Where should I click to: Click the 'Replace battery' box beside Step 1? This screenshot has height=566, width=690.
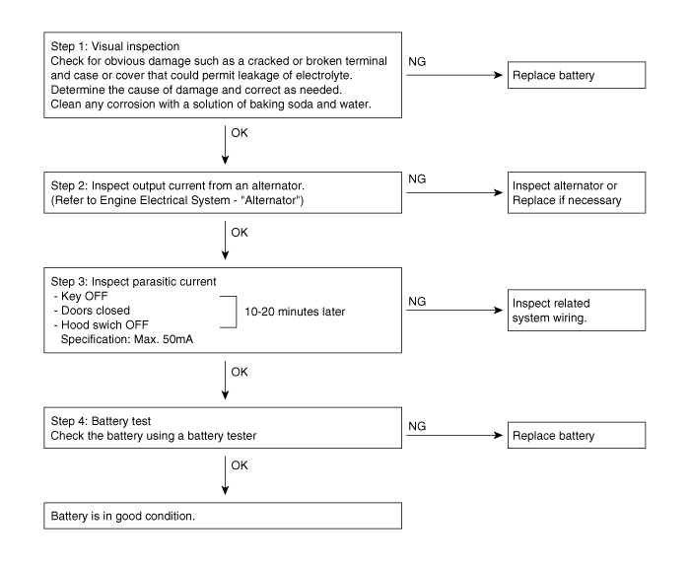tap(577, 75)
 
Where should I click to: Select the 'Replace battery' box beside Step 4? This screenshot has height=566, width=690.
tap(577, 435)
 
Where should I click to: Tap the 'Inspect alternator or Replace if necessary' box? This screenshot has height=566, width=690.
tap(577, 192)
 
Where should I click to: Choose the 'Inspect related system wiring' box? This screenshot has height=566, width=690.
tap(577, 311)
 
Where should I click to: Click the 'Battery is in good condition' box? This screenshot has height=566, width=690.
tap(223, 516)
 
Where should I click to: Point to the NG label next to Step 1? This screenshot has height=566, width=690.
tap(417, 61)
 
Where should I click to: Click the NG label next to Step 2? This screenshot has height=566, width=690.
tap(417, 179)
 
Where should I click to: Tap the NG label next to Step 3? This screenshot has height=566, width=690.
tap(417, 302)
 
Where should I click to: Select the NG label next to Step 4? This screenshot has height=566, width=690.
tap(417, 426)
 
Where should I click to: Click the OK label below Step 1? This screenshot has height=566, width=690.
tap(240, 133)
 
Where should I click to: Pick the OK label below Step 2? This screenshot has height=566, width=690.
tap(240, 233)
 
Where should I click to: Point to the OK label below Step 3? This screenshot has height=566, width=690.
tap(240, 372)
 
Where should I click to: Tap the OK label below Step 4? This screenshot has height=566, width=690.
tap(240, 465)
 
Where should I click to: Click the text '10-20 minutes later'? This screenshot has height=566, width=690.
tap(295, 312)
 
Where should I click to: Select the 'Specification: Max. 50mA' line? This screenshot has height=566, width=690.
tap(127, 339)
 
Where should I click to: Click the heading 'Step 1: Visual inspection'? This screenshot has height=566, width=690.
tap(115, 46)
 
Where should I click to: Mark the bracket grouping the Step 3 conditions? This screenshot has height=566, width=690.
tap(237, 312)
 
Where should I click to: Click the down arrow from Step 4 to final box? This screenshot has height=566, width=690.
tap(226, 475)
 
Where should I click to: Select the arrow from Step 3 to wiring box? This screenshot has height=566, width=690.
tap(454, 311)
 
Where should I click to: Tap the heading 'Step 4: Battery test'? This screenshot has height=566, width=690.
tap(101, 421)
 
